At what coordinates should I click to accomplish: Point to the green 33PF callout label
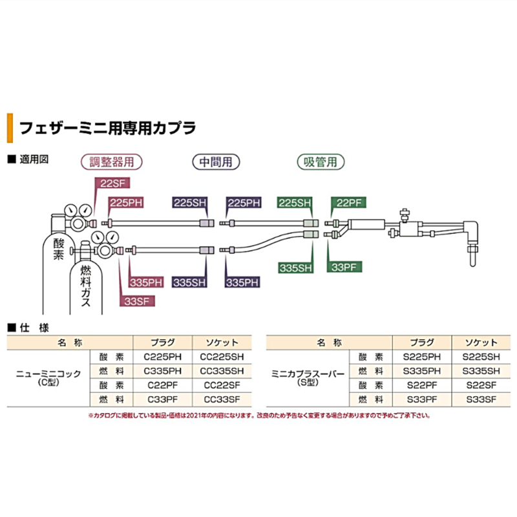tap(345, 266)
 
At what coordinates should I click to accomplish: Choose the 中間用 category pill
tap(216, 162)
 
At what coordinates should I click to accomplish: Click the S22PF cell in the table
tap(421, 385)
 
